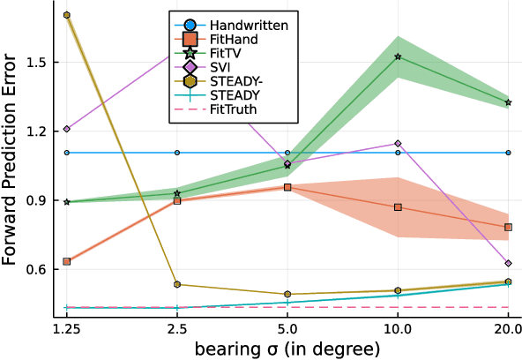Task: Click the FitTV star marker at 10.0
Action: [398, 56]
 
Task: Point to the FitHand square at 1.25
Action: [67, 261]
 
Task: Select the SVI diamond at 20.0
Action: [508, 263]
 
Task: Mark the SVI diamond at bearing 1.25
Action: [67, 129]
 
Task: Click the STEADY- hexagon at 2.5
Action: [177, 284]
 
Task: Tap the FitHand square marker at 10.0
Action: [398, 206]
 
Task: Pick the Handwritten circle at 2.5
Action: [177, 153]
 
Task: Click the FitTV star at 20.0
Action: [508, 102]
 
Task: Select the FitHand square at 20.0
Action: [508, 227]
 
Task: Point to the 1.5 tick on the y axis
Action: [39, 62]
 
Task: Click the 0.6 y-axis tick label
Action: [39, 269]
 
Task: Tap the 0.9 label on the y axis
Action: [39, 200]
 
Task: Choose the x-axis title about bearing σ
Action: [287, 349]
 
